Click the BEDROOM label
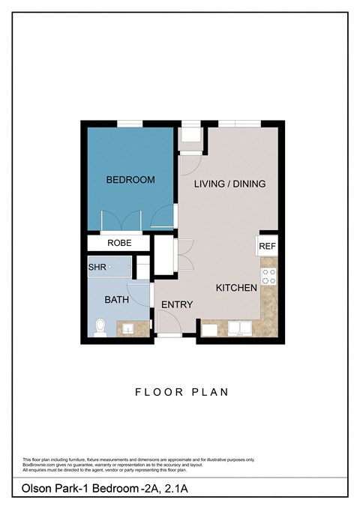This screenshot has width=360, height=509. click(130, 180)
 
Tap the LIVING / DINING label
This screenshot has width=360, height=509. click(229, 184)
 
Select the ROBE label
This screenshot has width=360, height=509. click(119, 243)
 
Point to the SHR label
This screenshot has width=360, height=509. click(97, 266)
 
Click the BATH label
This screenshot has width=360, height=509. click(116, 299)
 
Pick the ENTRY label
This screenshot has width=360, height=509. click(177, 304)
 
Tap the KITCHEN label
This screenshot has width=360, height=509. click(236, 288)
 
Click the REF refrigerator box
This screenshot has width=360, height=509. click(268, 246)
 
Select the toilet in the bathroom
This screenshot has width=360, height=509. click(100, 328)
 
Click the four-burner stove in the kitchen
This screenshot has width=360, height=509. click(268, 276)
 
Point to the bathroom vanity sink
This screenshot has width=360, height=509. click(128, 328)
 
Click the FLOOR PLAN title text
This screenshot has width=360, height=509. click(181, 391)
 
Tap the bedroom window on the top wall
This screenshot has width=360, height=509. click(130, 124)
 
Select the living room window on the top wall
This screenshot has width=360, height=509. click(238, 124)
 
